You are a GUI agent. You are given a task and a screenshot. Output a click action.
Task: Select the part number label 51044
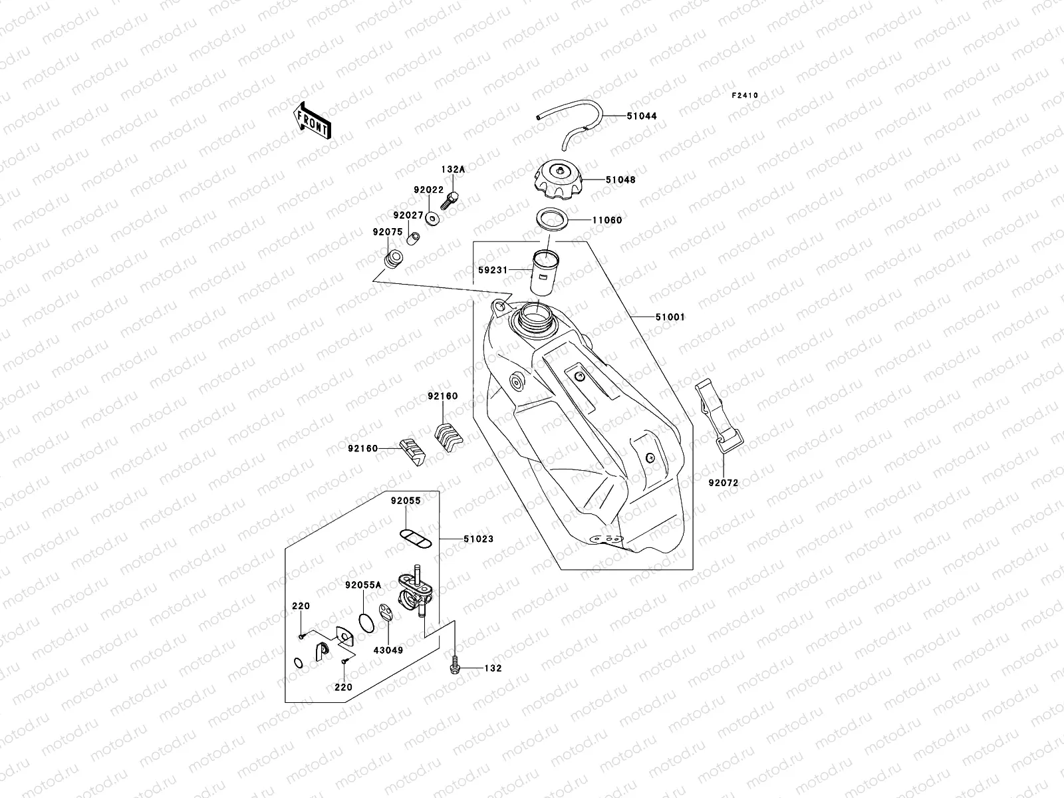[x=641, y=116]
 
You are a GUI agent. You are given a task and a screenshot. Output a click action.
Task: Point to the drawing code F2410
[x=745, y=96]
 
